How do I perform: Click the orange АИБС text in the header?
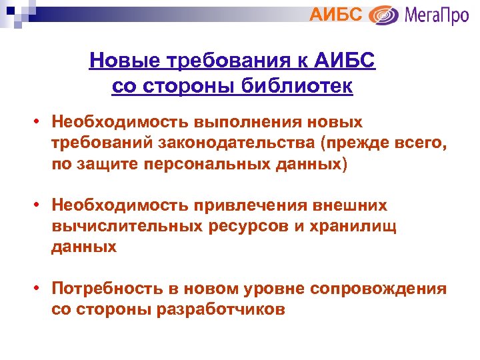(336, 14)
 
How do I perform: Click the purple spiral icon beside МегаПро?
(383, 15)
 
